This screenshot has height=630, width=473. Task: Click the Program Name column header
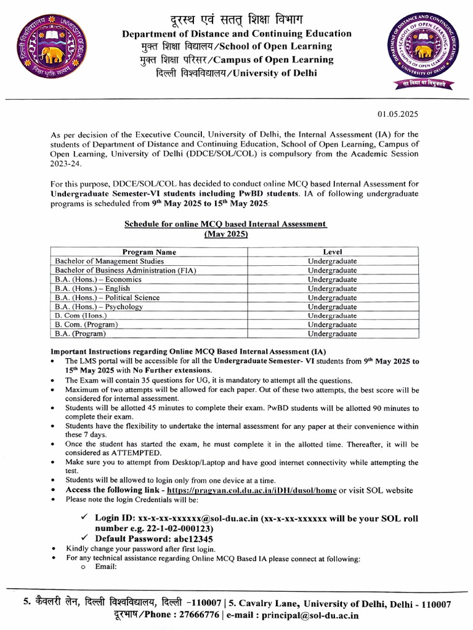click(x=149, y=252)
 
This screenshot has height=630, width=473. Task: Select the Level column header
click(x=333, y=252)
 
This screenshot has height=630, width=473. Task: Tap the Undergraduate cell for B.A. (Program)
click(x=333, y=333)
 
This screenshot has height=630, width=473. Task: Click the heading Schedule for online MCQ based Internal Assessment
click(x=225, y=225)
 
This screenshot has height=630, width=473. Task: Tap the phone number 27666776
click(x=198, y=615)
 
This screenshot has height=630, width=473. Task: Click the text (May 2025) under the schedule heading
click(x=225, y=234)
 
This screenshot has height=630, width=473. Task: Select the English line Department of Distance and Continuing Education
click(x=236, y=34)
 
